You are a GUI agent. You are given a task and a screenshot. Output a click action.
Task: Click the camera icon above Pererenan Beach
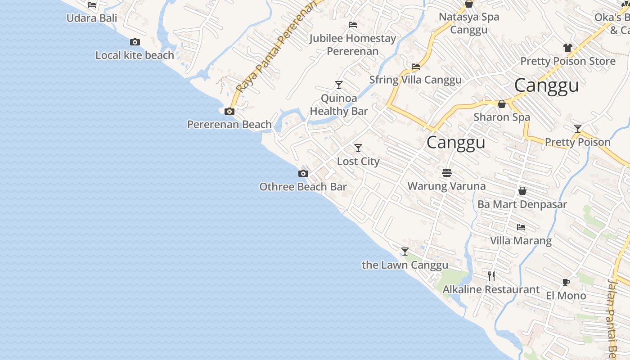coord(229,111)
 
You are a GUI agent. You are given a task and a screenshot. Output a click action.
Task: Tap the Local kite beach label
coord(135,55)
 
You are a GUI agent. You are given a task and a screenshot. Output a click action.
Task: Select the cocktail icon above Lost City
coord(358,148)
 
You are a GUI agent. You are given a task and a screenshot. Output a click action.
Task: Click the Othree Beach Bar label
coord(303,187)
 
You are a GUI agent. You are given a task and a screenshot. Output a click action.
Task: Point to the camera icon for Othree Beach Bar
coord(303,173)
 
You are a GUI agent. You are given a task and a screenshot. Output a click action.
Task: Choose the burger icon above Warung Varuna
coord(446,172)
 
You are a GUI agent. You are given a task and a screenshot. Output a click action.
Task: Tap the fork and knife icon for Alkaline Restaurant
coord(491,276)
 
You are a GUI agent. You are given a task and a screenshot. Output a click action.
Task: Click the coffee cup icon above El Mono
coord(566,282)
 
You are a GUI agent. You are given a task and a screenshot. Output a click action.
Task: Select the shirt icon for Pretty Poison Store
coord(567,47)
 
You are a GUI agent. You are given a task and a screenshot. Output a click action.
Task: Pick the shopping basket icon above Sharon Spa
coord(502,104)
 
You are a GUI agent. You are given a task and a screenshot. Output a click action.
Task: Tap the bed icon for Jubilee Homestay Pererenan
coord(353,25)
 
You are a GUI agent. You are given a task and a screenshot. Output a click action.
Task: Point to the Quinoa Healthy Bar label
coord(339,104)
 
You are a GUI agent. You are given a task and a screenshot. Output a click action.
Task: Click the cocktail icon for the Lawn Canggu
coord(405,251)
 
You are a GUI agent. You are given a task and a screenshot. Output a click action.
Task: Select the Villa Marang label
coord(521,240)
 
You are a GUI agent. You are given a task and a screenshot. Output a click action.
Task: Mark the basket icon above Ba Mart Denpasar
coord(522,191)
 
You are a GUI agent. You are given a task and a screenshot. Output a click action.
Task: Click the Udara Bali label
coord(92,18)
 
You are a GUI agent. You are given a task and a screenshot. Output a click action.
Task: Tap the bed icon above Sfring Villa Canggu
coord(416,67)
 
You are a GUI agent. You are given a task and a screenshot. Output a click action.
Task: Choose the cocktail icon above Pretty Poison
coord(578,129)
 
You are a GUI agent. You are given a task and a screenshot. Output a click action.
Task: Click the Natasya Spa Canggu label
coord(469,23)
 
